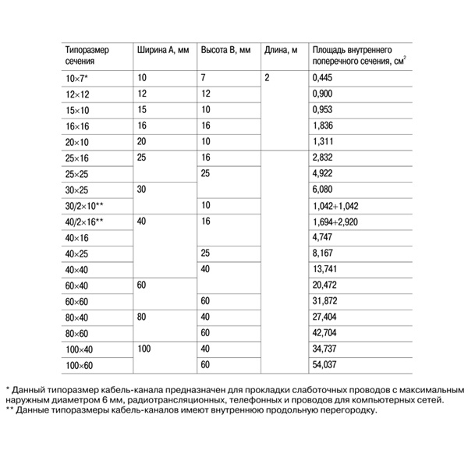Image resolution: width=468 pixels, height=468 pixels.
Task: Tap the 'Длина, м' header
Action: pos(281,50)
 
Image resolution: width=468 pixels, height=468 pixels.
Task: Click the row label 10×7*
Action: pos(78,78)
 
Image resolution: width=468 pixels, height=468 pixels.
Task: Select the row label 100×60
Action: pos(81,365)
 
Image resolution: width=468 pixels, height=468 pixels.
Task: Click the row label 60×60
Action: pos(79,301)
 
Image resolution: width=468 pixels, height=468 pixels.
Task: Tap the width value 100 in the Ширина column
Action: pos(144,349)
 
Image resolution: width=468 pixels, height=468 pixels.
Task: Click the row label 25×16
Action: pos(79,158)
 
